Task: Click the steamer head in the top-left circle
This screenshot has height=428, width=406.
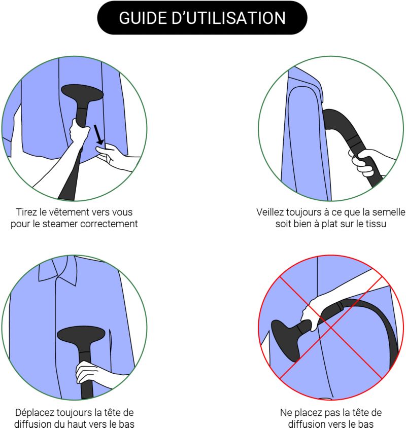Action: click(x=82, y=93)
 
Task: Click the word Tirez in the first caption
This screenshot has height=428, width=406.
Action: click(x=26, y=212)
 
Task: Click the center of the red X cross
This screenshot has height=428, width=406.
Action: click(x=331, y=327)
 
